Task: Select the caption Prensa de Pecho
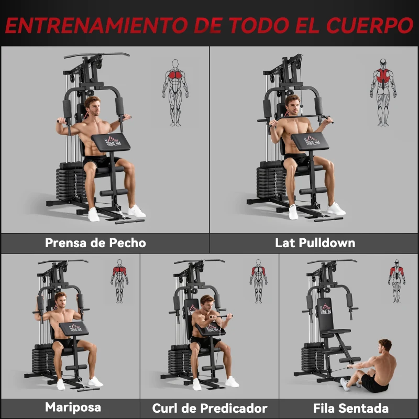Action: (x=95, y=243)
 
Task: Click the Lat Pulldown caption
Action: (x=315, y=243)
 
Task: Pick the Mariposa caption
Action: (x=73, y=407)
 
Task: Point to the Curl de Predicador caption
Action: (x=210, y=408)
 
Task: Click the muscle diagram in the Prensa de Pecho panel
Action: (x=175, y=92)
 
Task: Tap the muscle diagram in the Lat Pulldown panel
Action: (x=383, y=92)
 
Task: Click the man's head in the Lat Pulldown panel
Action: (x=292, y=104)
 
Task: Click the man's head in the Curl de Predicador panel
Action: (x=207, y=304)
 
